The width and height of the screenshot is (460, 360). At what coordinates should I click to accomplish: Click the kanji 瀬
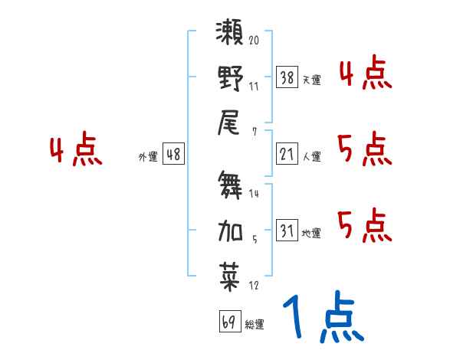click(x=230, y=35)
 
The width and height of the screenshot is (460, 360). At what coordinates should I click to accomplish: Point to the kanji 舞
click(x=230, y=186)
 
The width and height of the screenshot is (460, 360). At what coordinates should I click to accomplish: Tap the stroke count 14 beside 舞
click(x=254, y=194)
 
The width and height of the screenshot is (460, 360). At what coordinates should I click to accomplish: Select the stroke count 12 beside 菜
click(x=254, y=286)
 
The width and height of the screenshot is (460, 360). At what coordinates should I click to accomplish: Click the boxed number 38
click(x=287, y=77)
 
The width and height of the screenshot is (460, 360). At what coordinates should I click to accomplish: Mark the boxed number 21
click(x=287, y=154)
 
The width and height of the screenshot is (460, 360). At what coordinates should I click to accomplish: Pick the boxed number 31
click(x=287, y=231)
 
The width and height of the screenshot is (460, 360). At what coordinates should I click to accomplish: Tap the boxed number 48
click(x=172, y=154)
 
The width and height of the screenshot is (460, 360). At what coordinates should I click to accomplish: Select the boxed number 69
click(x=228, y=322)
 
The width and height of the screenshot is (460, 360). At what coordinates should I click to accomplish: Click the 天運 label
click(x=311, y=80)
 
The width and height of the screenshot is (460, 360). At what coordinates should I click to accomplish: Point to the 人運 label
click(x=311, y=157)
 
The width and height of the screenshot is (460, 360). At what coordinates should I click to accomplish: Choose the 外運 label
click(x=148, y=157)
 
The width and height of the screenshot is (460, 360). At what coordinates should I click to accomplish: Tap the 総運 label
click(x=254, y=325)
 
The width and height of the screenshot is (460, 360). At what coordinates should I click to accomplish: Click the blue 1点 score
click(x=322, y=319)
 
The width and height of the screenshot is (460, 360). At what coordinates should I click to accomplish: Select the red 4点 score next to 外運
click(x=76, y=151)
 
